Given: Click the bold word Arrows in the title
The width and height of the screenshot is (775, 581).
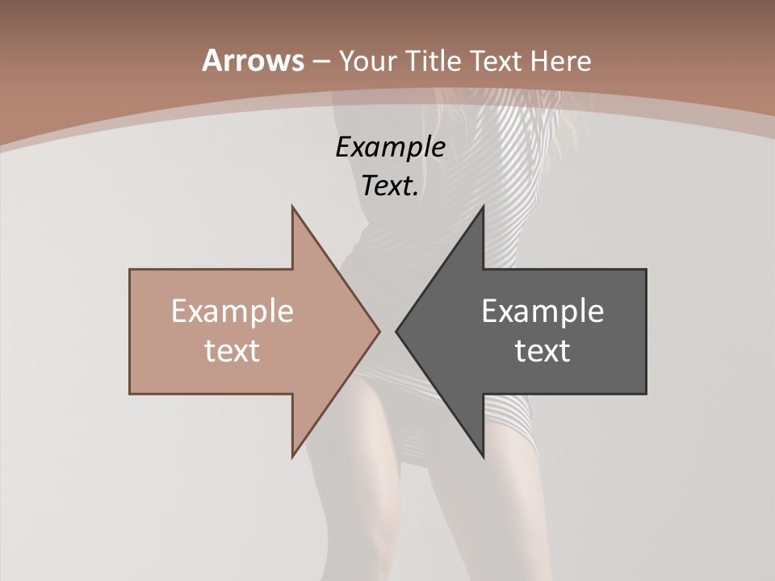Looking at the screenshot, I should (x=253, y=61).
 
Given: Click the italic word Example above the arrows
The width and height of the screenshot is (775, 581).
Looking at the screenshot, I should (x=390, y=148).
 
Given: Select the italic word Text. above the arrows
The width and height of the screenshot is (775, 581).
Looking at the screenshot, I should (x=390, y=186).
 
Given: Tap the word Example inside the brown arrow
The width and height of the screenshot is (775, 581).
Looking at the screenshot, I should (x=232, y=311).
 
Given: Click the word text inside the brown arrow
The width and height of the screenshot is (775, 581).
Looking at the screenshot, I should (x=232, y=351).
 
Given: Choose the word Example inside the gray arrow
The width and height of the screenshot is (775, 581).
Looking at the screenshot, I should (x=542, y=311).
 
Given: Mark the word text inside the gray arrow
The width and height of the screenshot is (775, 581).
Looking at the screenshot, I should (x=542, y=351).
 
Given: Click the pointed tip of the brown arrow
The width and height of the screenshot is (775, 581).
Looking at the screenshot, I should (x=379, y=331).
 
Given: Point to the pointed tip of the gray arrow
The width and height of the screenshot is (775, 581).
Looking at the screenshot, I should (x=396, y=331).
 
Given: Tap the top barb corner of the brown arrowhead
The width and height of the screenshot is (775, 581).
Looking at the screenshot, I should (x=292, y=207).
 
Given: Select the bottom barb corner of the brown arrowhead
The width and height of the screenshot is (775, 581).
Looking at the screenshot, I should (x=292, y=457).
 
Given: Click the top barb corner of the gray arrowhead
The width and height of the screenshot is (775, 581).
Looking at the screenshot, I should (x=483, y=207).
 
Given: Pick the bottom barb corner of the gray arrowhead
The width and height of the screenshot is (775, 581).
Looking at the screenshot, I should (x=483, y=457).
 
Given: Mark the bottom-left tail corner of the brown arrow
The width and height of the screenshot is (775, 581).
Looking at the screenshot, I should (x=130, y=394).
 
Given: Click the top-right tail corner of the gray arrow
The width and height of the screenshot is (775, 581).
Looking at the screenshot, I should (x=646, y=270).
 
